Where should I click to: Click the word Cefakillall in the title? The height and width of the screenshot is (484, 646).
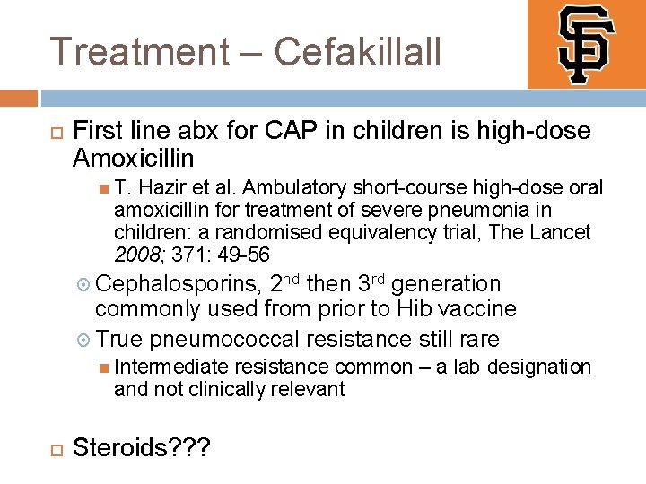point(358,51)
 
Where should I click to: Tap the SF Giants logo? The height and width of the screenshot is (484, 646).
point(585,43)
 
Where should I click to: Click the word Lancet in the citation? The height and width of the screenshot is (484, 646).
point(562,232)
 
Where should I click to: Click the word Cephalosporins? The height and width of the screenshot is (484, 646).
point(177,285)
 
